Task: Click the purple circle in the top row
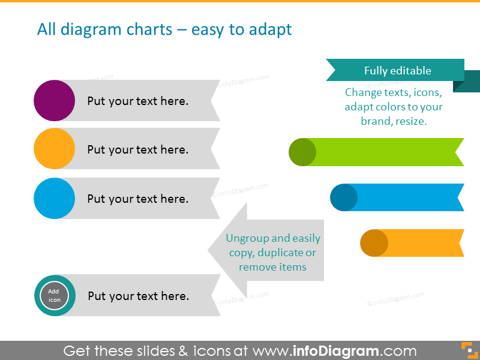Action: pos(55,101)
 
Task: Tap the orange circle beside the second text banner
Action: pos(55,149)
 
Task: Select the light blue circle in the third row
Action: pos(55,199)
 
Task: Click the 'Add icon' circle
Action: pos(54,296)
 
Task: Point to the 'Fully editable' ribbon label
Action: pos(397,70)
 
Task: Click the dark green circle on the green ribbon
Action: pos(302,152)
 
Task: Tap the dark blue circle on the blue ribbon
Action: pos(344,197)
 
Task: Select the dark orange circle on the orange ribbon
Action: pos(374,243)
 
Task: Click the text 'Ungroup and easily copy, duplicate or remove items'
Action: pos(273,253)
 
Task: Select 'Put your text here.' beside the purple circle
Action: pos(138,101)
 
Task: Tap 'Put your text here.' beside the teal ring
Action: pos(139,296)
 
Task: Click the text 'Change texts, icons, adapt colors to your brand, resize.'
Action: pos(393,107)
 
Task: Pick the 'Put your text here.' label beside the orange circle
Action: pos(138,149)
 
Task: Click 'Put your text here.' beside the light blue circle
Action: pos(138,199)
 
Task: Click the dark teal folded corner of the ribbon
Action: pos(468,82)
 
